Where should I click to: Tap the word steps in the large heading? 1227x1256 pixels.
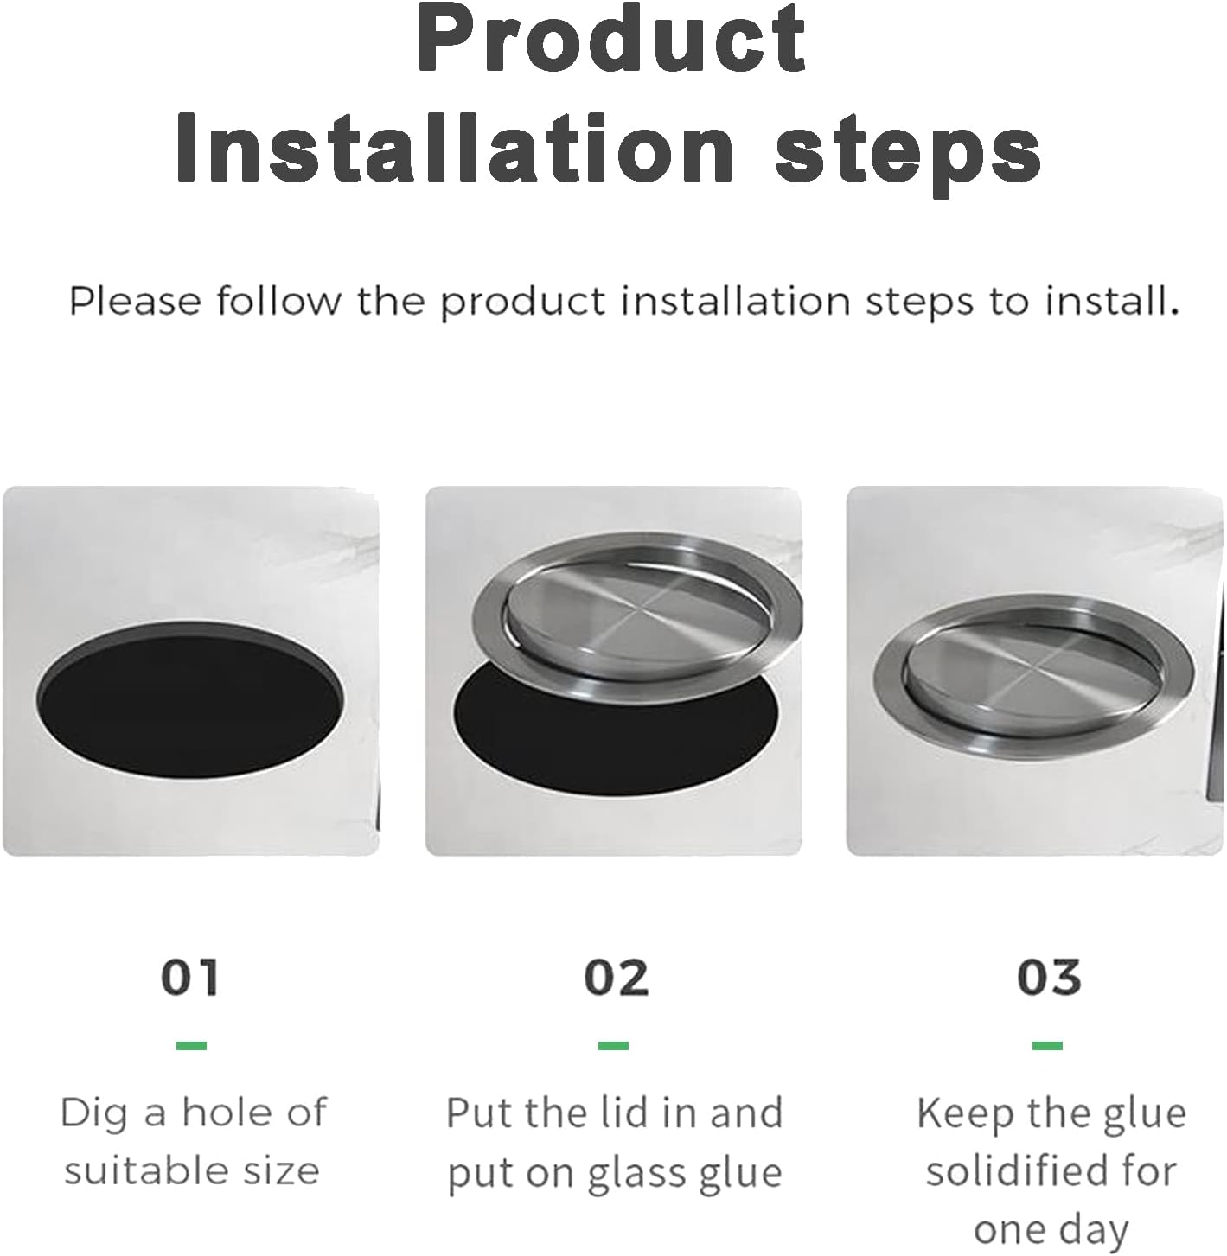point(907,152)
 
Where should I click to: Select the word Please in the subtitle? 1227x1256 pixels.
point(136,302)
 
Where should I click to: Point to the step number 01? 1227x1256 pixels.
point(190,978)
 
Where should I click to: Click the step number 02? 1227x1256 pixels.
point(616,978)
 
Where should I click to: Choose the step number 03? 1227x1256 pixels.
point(1049,978)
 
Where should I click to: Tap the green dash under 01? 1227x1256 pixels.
point(191,1046)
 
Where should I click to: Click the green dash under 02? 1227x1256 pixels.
point(613,1046)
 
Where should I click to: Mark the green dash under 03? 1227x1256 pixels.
point(1047,1046)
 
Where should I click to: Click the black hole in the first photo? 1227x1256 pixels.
point(190,697)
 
